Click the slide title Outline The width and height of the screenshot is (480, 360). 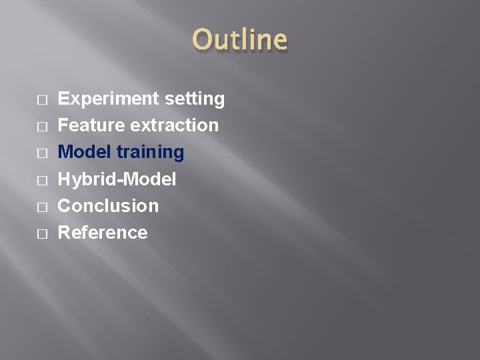240,40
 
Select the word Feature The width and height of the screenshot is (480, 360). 91,125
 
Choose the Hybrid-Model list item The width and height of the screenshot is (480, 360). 117,179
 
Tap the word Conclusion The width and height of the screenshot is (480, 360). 109,206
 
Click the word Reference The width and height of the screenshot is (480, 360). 103,233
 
